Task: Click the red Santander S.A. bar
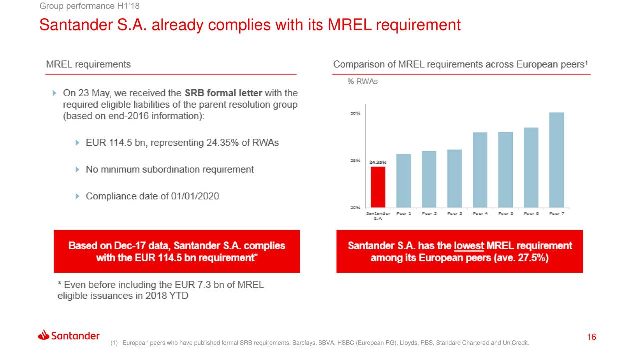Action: click(x=378, y=187)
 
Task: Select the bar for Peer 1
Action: click(x=403, y=181)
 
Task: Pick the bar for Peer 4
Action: click(x=480, y=170)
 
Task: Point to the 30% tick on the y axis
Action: click(x=355, y=113)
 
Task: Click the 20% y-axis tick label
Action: click(x=355, y=207)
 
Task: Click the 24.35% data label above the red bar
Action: click(x=378, y=162)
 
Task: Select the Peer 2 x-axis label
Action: click(x=429, y=213)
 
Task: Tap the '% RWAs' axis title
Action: click(x=362, y=82)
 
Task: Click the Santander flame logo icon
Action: click(x=43, y=335)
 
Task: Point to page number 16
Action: click(x=592, y=337)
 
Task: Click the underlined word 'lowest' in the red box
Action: click(x=469, y=246)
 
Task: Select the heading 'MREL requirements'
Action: click(x=88, y=64)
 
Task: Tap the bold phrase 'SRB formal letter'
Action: click(x=223, y=93)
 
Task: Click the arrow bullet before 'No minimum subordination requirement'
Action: click(x=78, y=170)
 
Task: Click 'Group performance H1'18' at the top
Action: click(x=74, y=5)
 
